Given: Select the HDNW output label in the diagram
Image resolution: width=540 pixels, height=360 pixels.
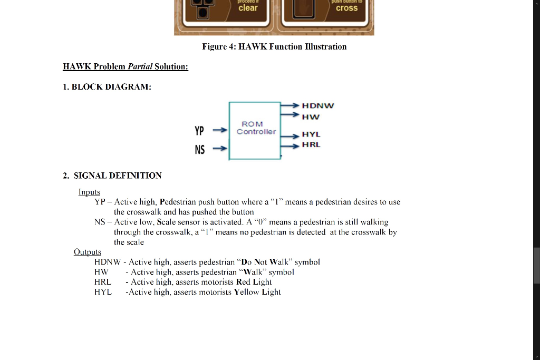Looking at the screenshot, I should coord(318,105).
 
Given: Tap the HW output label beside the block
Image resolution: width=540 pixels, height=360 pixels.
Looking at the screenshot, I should coord(311,116).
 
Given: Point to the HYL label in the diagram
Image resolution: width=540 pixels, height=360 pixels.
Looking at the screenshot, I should coord(311,135).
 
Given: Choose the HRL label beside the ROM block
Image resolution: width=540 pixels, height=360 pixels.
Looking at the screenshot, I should coord(311,144).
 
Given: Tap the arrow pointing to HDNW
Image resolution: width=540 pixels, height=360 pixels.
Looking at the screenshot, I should coord(290,106).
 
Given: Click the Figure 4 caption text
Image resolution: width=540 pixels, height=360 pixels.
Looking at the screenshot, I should coord(274,47).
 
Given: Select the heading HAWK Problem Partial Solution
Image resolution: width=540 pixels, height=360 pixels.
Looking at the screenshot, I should coord(125,66).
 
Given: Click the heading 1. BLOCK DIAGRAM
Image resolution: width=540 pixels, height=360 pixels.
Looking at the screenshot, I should coord(107,87).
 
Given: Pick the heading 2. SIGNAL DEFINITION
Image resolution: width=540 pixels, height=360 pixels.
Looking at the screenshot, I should coord(112,176).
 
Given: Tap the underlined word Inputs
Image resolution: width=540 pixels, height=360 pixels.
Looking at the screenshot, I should coord(89,192).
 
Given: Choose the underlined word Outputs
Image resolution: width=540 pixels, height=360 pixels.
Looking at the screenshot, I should coord(88,252).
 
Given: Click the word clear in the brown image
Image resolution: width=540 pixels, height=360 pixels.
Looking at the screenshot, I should coord(248,8).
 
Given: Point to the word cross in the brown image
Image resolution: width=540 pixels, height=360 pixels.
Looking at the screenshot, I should coord(346,8).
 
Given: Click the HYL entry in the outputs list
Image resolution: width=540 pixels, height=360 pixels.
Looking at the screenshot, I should coord(103,292).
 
